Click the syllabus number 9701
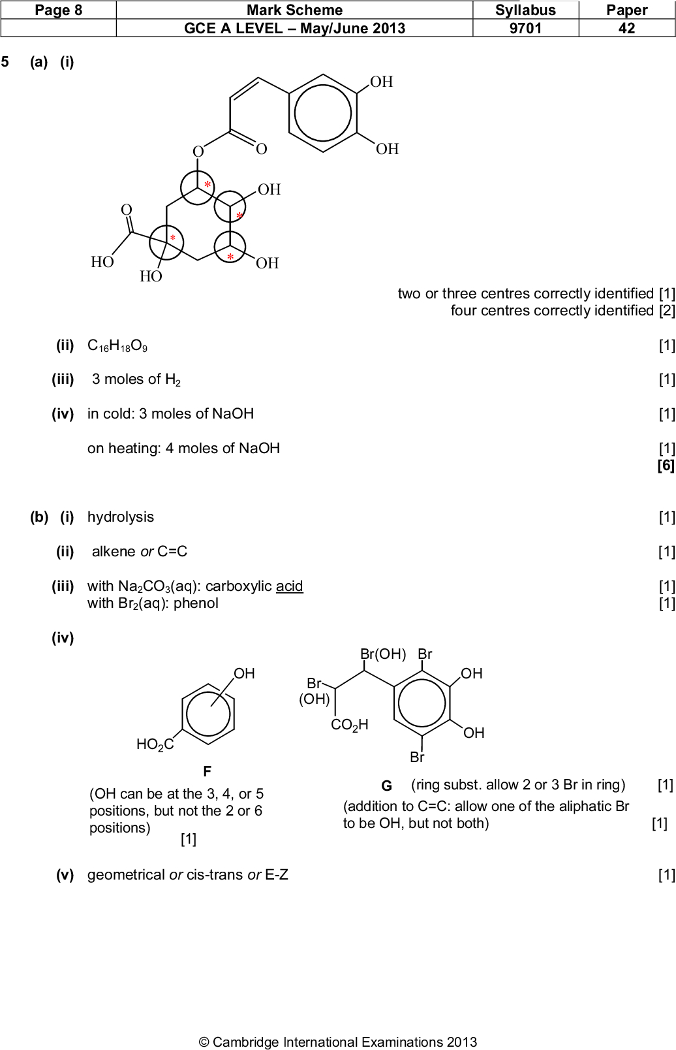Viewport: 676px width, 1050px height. coord(525,28)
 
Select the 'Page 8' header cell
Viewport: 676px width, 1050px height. coord(58,10)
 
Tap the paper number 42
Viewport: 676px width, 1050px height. coord(626,28)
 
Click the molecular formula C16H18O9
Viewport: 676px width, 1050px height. coord(117,345)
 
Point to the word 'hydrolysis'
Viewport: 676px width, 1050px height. coord(121,517)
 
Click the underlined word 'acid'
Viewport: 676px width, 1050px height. coord(289,586)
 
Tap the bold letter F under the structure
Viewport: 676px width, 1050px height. coord(207,771)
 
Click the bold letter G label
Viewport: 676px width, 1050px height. coord(386,786)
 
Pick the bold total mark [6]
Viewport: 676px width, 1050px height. coord(665,465)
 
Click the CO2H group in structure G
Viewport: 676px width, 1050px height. coord(350,724)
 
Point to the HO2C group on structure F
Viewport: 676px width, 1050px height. coord(155,744)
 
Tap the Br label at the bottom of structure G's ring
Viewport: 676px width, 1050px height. coord(417,757)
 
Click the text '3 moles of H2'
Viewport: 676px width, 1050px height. coord(136,379)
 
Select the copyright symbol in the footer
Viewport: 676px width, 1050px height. coord(204,1042)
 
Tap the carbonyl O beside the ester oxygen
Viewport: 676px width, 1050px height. coord(261,149)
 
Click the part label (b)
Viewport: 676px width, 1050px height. coord(39,517)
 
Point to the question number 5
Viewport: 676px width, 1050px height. coord(5,62)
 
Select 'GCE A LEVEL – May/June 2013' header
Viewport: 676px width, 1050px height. coord(294,28)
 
